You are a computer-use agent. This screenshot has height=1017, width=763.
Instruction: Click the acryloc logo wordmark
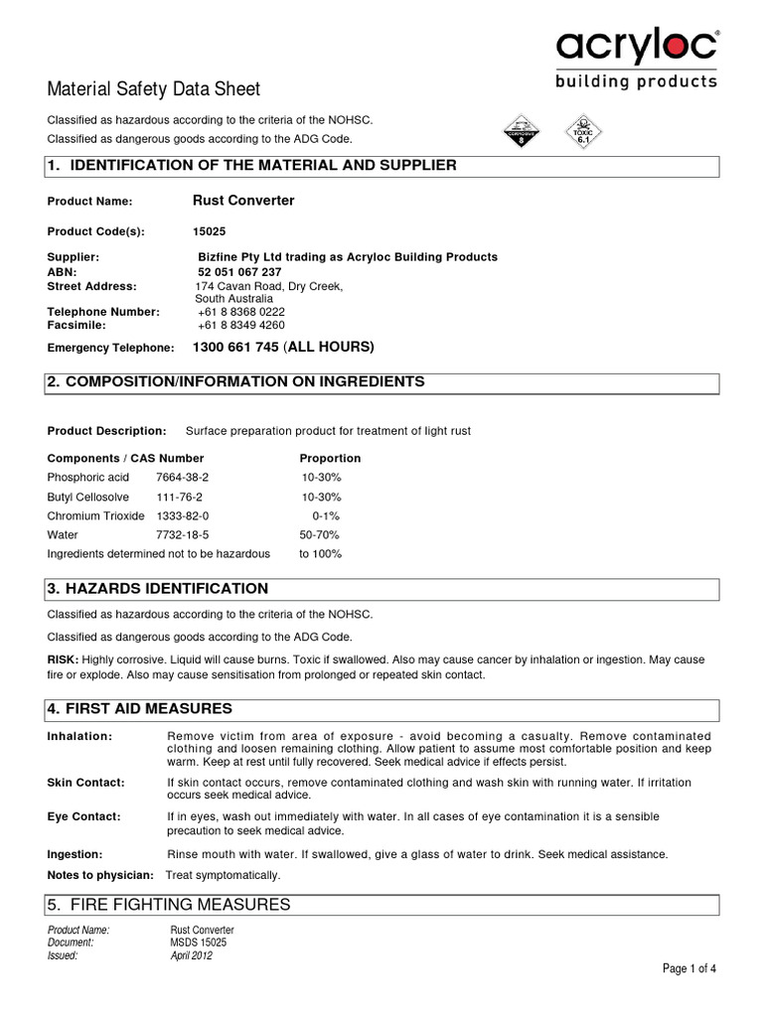point(637,47)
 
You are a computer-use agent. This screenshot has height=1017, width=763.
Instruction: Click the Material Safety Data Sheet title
point(154,89)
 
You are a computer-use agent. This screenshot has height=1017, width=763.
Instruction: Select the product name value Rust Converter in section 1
point(243,201)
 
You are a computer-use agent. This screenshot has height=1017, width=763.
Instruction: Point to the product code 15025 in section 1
point(210,231)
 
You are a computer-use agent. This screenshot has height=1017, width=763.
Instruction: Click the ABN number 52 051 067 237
point(239,272)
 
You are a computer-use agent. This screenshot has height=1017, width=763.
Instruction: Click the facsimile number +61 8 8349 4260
point(241,325)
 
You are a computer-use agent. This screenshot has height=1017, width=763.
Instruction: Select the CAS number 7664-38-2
point(183,478)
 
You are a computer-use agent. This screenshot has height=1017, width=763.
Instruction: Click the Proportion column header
point(330,459)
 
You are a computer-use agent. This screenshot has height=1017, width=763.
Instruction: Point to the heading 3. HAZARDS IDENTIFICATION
point(158,589)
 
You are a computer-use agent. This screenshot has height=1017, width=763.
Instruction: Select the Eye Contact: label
point(83,816)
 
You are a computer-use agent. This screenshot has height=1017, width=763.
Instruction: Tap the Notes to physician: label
point(100,875)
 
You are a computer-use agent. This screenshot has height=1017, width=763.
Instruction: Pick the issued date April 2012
point(191,956)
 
